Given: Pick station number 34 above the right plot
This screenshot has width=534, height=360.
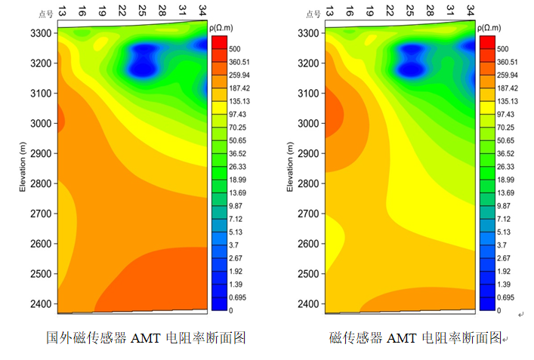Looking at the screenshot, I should point(470,10).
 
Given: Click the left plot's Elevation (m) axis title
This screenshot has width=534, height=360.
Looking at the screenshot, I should point(23,168).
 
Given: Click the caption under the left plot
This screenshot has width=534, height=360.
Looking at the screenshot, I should point(147,337).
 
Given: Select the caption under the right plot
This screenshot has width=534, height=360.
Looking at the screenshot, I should point(418,337).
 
